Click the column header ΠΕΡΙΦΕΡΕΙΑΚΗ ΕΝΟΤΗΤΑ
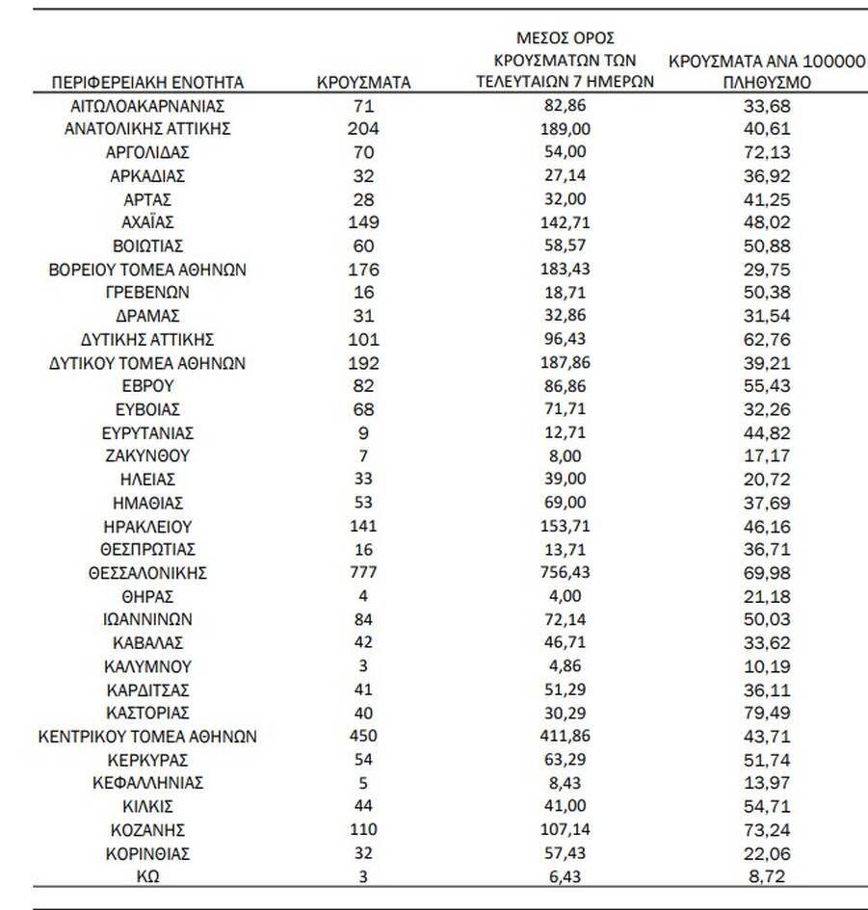(x=147, y=82)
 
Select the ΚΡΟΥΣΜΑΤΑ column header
(x=363, y=82)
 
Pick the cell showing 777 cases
(x=363, y=573)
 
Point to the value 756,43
(x=566, y=573)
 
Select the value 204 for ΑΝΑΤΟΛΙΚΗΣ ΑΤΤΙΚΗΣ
(x=363, y=128)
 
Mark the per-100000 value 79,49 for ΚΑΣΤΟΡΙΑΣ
(x=767, y=713)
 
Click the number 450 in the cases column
(x=363, y=737)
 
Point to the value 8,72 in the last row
(x=767, y=876)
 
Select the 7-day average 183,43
(x=566, y=269)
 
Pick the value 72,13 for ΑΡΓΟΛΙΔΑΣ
(x=767, y=152)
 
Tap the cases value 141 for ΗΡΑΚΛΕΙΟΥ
(x=363, y=526)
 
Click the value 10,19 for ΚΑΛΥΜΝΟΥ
(x=767, y=666)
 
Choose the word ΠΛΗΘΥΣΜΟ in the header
(x=767, y=83)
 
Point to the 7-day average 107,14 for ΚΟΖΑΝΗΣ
(x=566, y=830)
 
